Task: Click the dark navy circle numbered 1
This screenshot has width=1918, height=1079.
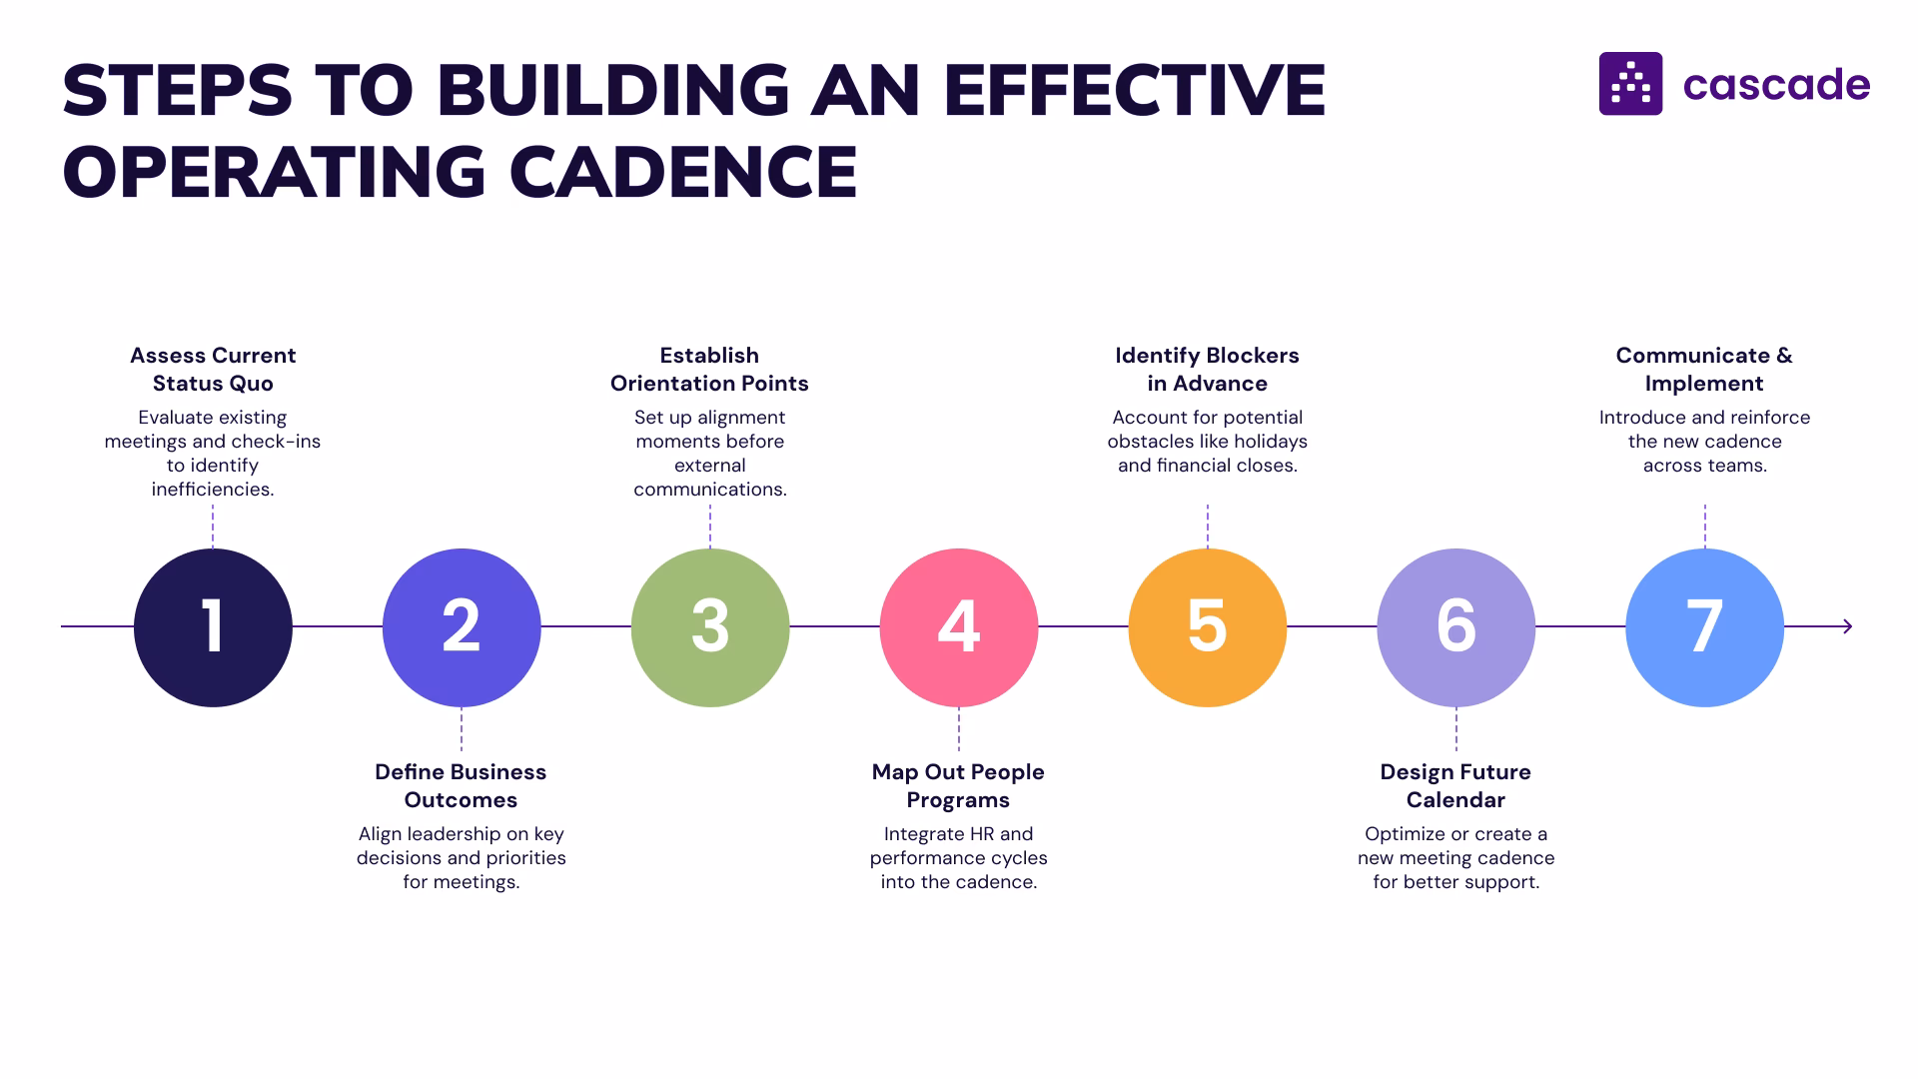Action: pyautogui.click(x=213, y=627)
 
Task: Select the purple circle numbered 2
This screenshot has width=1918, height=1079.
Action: pyautogui.click(x=462, y=627)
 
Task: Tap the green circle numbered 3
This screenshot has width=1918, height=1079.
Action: pyautogui.click(x=710, y=627)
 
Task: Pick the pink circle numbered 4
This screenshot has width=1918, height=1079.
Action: pyautogui.click(x=959, y=627)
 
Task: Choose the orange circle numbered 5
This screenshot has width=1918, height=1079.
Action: pyautogui.click(x=1207, y=627)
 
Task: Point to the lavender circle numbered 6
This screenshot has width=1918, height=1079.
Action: pyautogui.click(x=1455, y=627)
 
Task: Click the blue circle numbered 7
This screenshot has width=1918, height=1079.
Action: pyautogui.click(x=1704, y=627)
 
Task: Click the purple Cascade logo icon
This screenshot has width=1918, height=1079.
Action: pyautogui.click(x=1630, y=84)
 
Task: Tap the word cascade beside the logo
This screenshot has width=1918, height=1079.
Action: pyautogui.click(x=1776, y=86)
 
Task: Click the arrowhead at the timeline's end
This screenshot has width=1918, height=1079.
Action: pyautogui.click(x=1847, y=626)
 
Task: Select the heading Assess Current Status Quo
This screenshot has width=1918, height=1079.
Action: pyautogui.click(x=213, y=370)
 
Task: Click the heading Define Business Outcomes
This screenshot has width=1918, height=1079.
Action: pyautogui.click(x=461, y=786)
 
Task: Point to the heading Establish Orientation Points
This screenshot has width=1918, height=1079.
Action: pyautogui.click(x=709, y=370)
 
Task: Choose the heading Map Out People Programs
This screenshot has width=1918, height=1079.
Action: pyautogui.click(x=958, y=786)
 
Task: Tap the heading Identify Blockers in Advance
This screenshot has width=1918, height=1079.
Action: pyautogui.click(x=1207, y=370)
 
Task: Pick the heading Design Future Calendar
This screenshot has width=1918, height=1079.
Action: pyautogui.click(x=1455, y=786)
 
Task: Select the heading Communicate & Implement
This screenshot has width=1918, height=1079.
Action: pyautogui.click(x=1704, y=370)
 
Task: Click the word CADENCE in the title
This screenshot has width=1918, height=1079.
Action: pyautogui.click(x=683, y=172)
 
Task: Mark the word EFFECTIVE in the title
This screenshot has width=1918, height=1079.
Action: pyautogui.click(x=1134, y=90)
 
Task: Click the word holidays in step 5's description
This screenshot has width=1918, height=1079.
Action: pyautogui.click(x=1270, y=442)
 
